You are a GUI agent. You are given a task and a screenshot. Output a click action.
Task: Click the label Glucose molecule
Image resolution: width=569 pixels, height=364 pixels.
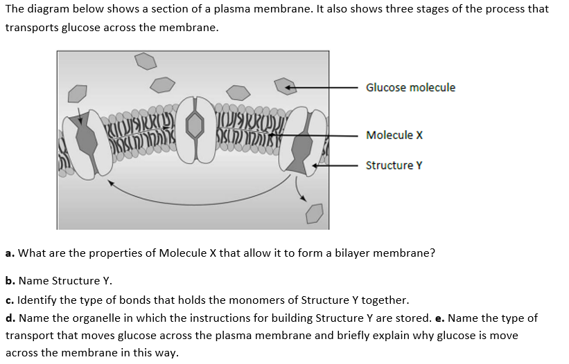410,87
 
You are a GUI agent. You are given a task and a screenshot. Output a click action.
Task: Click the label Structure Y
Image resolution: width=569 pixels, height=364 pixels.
394,165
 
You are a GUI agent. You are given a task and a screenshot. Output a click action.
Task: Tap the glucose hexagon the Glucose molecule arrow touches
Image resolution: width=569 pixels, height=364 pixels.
285,86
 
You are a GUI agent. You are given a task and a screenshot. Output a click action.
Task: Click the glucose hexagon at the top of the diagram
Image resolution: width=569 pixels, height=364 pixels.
146,62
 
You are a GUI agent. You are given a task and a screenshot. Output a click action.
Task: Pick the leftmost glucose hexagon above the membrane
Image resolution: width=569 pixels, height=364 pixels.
78,93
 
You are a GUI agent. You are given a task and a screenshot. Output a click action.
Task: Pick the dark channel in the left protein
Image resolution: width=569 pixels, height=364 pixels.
86,138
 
